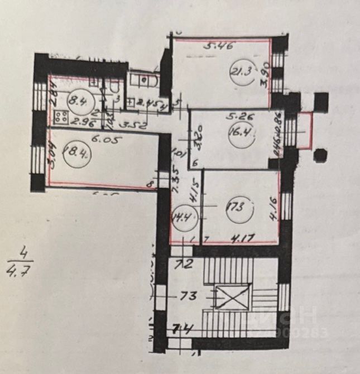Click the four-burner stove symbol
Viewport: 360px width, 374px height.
tap(60, 118)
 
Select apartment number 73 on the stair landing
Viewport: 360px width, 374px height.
tap(188, 295)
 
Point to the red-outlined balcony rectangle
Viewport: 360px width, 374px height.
tap(304, 130)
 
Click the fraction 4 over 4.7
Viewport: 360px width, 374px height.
tap(21, 267)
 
